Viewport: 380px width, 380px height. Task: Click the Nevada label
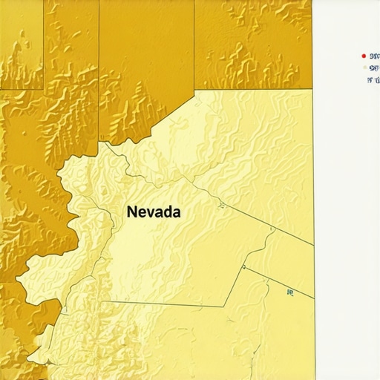pyautogui.click(x=154, y=212)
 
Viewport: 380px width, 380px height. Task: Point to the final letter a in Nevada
pyautogui.click(x=176, y=212)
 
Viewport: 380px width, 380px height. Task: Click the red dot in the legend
pyautogui.click(x=363, y=56)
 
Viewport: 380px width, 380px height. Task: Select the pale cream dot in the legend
pyautogui.click(x=364, y=68)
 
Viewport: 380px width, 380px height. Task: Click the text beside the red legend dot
pyautogui.click(x=374, y=56)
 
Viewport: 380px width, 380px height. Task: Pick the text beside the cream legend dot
pyautogui.click(x=374, y=68)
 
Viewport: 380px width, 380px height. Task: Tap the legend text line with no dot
pyautogui.click(x=374, y=78)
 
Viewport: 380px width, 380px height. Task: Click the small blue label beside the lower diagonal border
pyautogui.click(x=290, y=292)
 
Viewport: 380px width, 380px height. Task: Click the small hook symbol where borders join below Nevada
pyautogui.click(x=243, y=266)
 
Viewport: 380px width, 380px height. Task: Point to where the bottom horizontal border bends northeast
pyautogui.click(x=224, y=306)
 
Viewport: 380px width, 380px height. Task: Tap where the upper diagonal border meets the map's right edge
pyautogui.click(x=312, y=243)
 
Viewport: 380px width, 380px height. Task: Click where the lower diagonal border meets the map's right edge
pyautogui.click(x=312, y=298)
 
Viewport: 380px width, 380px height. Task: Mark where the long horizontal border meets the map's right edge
pyautogui.click(x=312, y=89)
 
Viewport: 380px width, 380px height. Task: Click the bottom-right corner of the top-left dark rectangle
pyautogui.click(x=44, y=89)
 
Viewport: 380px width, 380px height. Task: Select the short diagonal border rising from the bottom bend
pyautogui.click(x=234, y=286)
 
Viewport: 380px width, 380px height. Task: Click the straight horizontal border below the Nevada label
pyautogui.click(x=163, y=304)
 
